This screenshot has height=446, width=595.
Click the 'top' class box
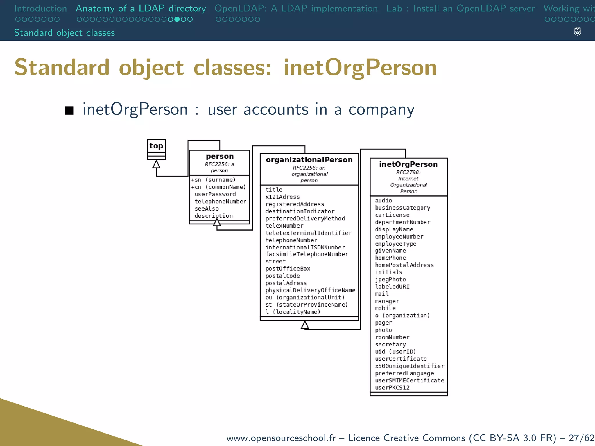156,146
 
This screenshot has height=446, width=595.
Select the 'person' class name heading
220,156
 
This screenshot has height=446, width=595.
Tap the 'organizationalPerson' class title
309,160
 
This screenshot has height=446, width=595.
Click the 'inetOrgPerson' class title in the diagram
408,164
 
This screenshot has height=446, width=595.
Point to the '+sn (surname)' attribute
213,180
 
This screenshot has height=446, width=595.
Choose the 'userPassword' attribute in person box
215,194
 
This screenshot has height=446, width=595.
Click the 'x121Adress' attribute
282,197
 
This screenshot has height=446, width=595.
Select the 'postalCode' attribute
282,276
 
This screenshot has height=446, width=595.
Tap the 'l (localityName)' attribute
293,312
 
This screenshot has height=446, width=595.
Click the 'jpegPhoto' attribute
390,279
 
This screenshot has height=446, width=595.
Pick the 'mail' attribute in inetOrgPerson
381,294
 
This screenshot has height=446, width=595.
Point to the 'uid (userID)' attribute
395,352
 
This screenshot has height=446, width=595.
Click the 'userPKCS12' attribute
392,388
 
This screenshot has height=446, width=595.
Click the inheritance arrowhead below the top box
156,165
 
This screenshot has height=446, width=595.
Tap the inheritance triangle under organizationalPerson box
305,325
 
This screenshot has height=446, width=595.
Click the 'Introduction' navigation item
40,8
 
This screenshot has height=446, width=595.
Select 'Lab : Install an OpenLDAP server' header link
460,8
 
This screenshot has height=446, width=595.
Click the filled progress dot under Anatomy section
177,19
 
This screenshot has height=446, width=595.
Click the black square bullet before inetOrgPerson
69,110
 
